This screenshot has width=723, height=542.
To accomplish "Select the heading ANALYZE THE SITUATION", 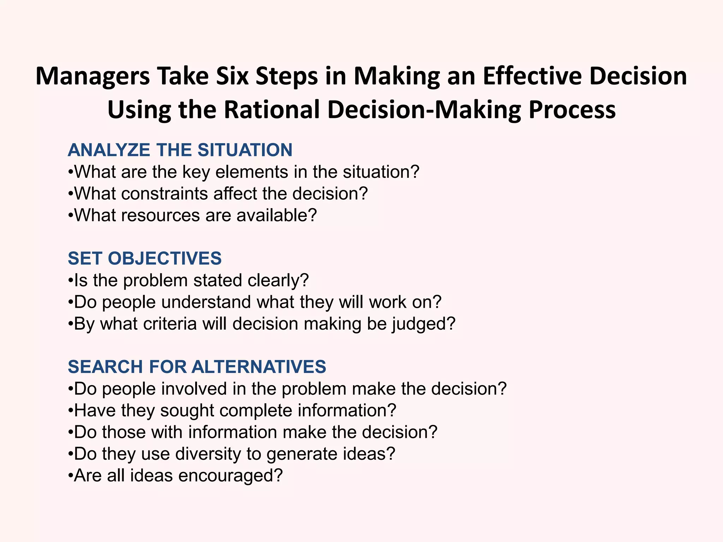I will [180, 150].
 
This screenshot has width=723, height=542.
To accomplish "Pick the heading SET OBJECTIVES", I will [145, 258].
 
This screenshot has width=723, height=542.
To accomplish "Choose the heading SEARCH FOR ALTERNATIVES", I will [197, 367].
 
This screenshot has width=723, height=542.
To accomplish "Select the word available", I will [276, 216].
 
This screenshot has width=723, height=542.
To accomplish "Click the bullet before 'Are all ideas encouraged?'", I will [71, 476].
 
